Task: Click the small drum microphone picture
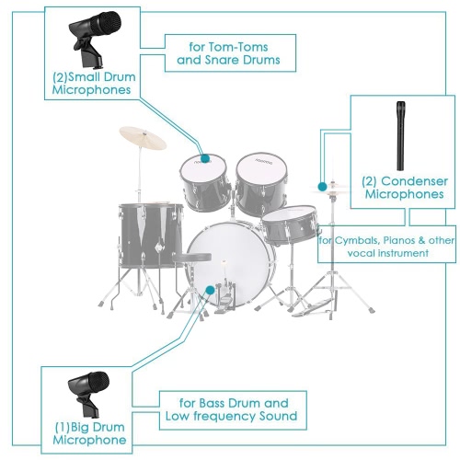coord(95,39)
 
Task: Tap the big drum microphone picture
coord(88,394)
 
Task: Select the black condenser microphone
coord(400,135)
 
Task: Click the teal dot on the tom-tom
coord(205,158)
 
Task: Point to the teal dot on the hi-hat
coord(322,187)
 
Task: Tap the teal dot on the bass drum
coord(210,290)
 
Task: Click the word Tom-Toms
coord(238,47)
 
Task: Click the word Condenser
coord(414,181)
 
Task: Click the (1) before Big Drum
coord(62,427)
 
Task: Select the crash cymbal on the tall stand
coord(143,138)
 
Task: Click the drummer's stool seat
coord(192,258)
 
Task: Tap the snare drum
coord(290,224)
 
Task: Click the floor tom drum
coord(151,235)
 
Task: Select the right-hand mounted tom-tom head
coord(261,167)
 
